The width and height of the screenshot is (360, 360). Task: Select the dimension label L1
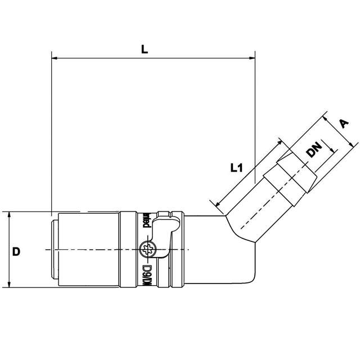point(236,167)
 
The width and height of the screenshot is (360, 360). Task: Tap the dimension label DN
point(314,150)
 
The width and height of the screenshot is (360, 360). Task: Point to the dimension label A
point(344,124)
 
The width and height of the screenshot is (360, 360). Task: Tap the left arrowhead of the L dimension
point(55,57)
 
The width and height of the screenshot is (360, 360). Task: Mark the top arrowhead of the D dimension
point(10,214)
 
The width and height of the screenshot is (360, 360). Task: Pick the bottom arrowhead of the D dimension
point(10,285)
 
